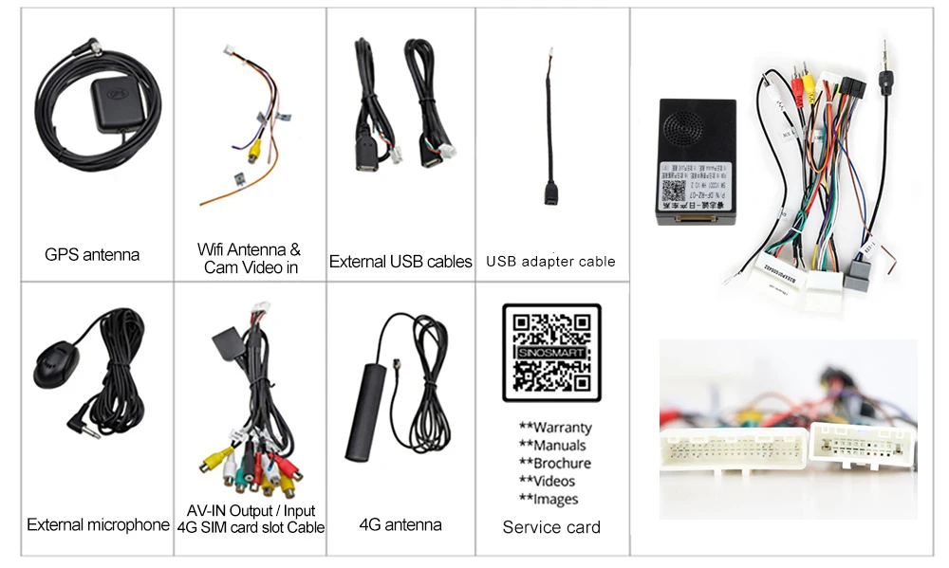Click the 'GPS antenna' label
pyautogui.click(x=92, y=254)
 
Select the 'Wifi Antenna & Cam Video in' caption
pyautogui.click(x=249, y=258)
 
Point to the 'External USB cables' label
pyautogui.click(x=400, y=261)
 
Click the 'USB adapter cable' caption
pyautogui.click(x=550, y=261)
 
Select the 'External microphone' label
pyautogui.click(x=98, y=524)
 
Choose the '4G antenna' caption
pyautogui.click(x=400, y=524)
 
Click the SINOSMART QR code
pyautogui.click(x=551, y=354)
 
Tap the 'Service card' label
pyautogui.click(x=551, y=527)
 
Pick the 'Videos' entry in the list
pyautogui.click(x=553, y=482)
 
